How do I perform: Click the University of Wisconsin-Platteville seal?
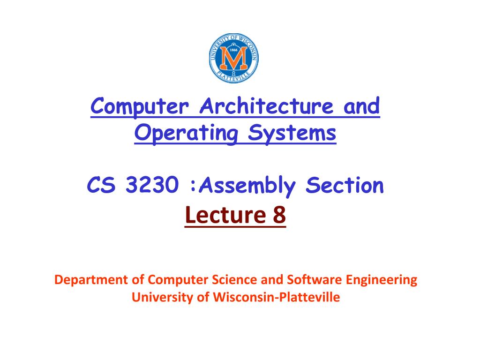point(233,59)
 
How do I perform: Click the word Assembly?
point(248,187)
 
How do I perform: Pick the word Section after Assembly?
point(345,187)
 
